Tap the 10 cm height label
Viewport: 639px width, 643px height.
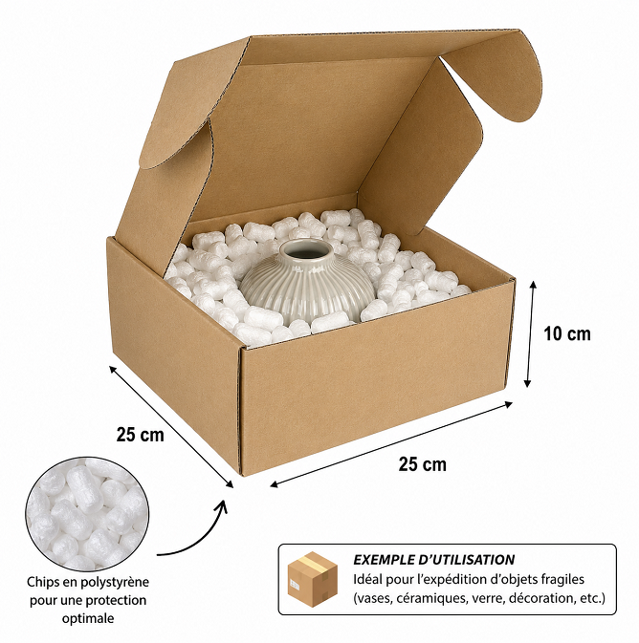[567, 333]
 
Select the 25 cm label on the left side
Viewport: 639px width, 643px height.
[140, 435]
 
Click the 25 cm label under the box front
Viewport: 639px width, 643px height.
[422, 464]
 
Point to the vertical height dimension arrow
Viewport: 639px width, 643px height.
[531, 334]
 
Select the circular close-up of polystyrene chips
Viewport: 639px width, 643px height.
[87, 514]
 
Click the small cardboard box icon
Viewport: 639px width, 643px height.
[313, 579]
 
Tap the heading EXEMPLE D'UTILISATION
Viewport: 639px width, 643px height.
[433, 560]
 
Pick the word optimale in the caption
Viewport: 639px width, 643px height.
[88, 618]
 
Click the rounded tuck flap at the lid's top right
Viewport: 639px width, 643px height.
[493, 75]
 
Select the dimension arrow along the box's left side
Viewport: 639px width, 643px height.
[171, 427]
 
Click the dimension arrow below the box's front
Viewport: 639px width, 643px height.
[391, 444]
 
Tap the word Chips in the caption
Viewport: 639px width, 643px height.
[40, 582]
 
